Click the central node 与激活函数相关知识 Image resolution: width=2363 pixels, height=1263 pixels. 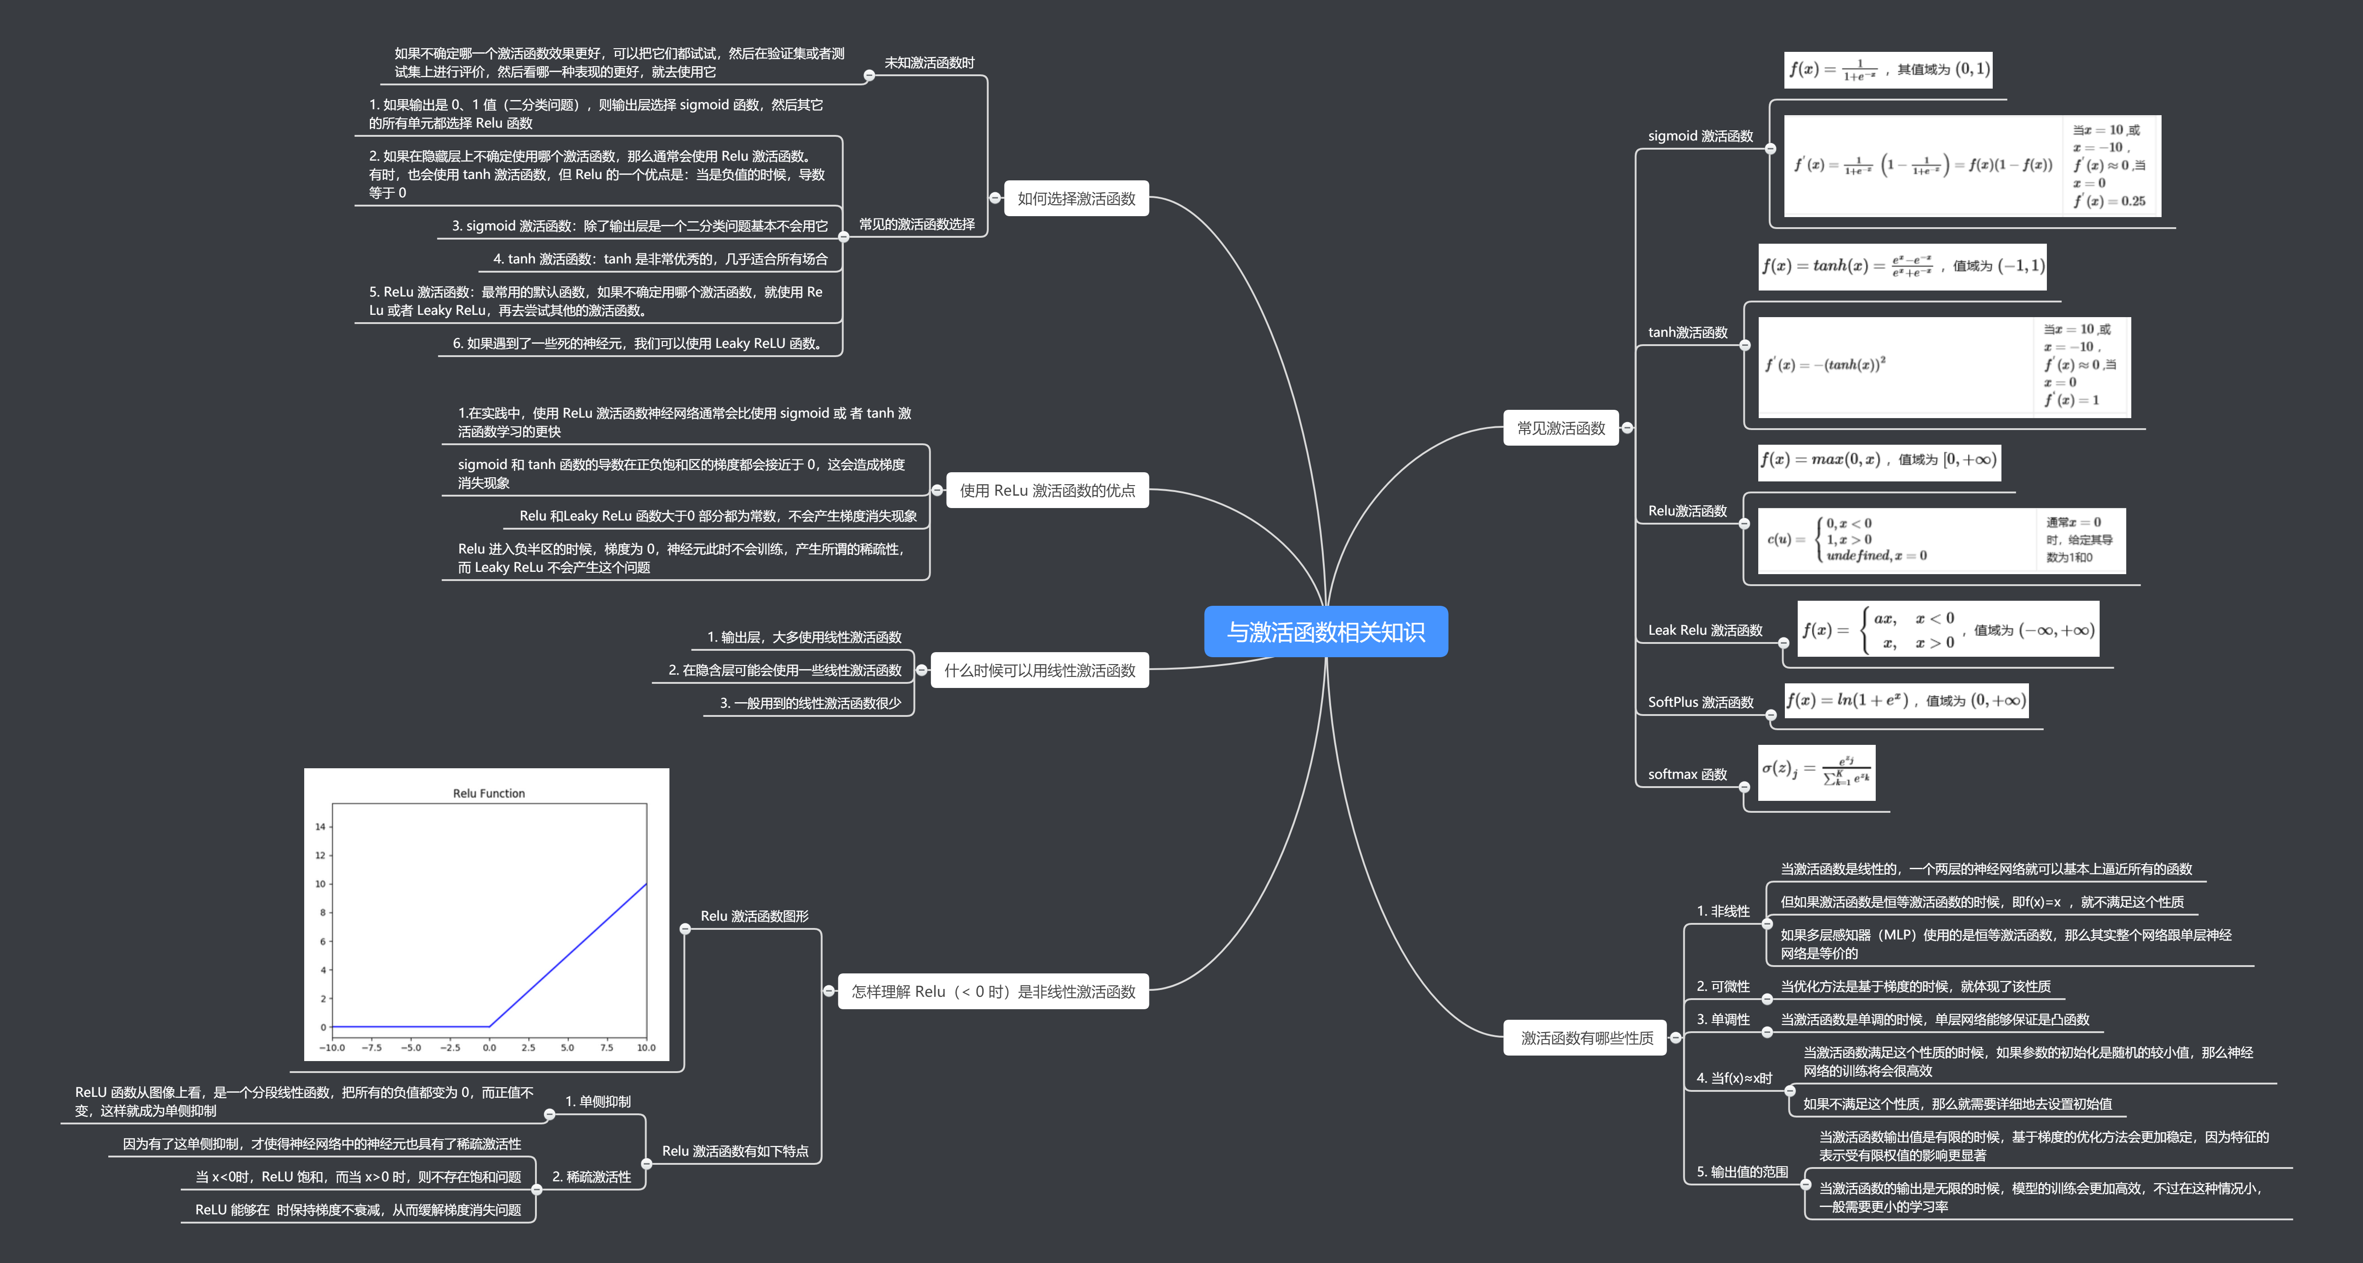point(1326,632)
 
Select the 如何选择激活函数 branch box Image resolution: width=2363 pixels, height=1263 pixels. point(1076,198)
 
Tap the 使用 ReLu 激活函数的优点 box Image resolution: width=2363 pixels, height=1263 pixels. point(1047,491)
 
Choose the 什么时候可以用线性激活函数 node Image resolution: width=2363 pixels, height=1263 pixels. point(1039,671)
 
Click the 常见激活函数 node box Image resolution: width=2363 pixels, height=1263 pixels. point(1560,428)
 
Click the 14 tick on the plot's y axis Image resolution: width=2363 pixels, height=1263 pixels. point(320,827)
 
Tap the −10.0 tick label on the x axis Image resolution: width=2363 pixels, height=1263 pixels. point(332,1047)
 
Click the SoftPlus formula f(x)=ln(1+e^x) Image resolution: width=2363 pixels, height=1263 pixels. point(1905,701)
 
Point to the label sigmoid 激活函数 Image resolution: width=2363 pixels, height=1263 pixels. point(1700,136)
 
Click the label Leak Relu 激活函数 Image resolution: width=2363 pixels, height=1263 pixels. point(1705,630)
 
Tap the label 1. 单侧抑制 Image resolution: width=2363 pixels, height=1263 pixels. point(597,1101)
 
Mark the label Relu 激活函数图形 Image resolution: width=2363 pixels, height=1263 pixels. point(754,917)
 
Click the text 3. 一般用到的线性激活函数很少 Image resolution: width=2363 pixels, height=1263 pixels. point(810,704)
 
